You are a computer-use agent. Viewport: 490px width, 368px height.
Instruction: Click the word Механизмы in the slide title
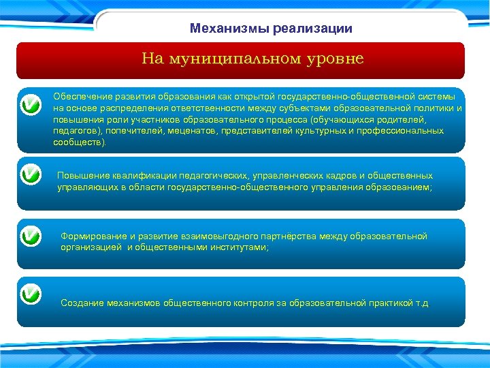point(229,29)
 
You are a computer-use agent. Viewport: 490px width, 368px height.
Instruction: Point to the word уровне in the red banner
point(332,59)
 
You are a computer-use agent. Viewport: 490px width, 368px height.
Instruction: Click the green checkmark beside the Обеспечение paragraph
point(30,105)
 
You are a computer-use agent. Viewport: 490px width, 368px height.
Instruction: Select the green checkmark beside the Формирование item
point(30,236)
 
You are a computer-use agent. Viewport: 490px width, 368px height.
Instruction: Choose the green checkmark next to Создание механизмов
point(30,294)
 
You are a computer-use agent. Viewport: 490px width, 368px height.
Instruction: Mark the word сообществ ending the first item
point(79,143)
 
